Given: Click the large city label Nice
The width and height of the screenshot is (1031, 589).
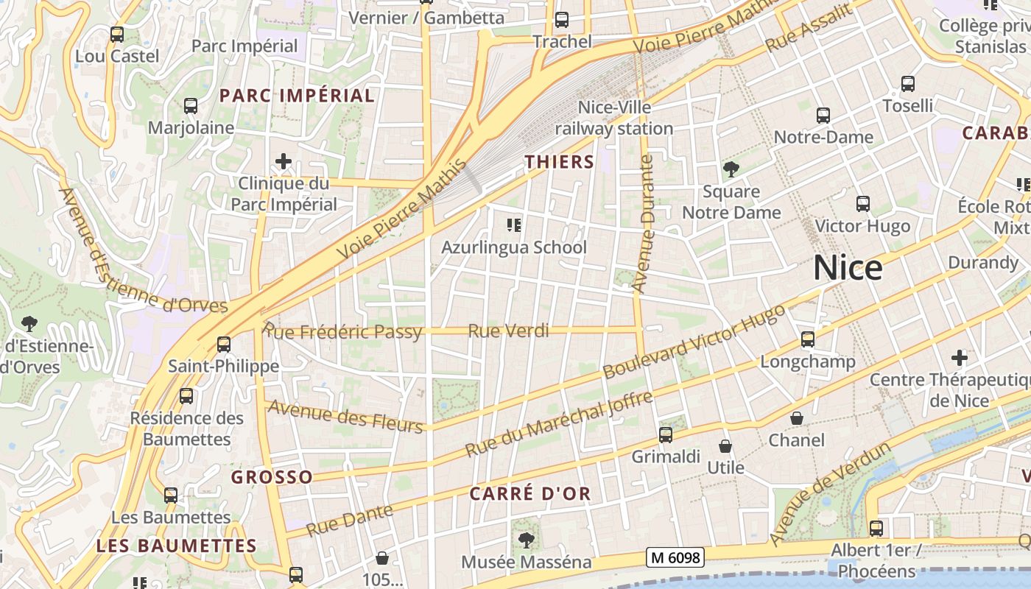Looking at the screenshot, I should click(848, 268).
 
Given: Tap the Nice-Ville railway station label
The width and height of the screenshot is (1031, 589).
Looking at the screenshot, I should click(614, 118).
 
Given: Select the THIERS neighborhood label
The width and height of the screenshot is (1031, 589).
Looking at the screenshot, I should click(559, 162).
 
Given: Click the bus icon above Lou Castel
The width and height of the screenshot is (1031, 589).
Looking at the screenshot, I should click(116, 35).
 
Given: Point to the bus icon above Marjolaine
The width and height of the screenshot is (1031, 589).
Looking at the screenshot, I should click(191, 106).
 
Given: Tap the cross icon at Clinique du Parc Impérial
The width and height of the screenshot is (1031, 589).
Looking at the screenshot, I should click(284, 161).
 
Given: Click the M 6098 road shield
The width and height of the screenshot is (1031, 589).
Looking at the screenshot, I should click(675, 557).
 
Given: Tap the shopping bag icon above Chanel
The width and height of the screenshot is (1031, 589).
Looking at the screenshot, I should click(796, 418).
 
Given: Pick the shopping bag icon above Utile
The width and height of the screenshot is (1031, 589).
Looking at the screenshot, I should click(725, 446).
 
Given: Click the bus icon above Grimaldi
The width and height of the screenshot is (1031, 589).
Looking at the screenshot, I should click(666, 435).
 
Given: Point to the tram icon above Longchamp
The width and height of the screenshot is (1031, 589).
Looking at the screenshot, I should click(808, 339).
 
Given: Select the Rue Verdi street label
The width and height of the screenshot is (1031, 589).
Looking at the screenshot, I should click(508, 331).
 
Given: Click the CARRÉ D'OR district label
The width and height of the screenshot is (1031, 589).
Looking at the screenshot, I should click(530, 493).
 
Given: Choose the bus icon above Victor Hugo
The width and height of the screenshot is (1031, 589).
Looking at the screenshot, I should click(862, 204).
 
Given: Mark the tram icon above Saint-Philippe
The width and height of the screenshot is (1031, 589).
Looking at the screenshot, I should click(223, 344).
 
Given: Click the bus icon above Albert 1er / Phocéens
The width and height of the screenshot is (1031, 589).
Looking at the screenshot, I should click(876, 528).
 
